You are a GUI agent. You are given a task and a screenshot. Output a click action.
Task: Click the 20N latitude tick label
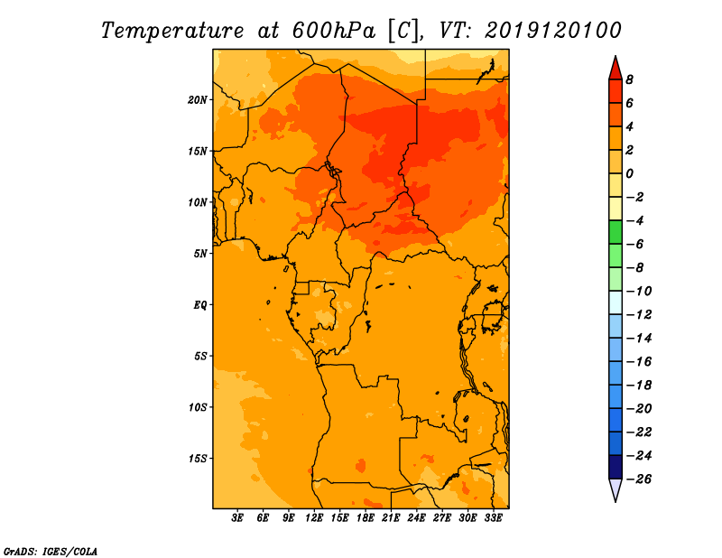pyautogui.click(x=198, y=100)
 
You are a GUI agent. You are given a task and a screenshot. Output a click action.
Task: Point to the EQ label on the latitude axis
pyautogui.click(x=200, y=305)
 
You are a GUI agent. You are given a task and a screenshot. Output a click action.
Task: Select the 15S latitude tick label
pyautogui.click(x=198, y=459)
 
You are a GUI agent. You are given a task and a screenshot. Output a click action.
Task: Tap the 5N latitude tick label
pyautogui.click(x=200, y=254)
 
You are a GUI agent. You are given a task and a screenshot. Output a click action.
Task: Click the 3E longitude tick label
pyautogui.click(x=237, y=517)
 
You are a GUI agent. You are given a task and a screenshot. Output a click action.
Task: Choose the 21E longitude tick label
pyautogui.click(x=391, y=517)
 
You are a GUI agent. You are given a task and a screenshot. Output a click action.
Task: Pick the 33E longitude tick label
pyautogui.click(x=493, y=517)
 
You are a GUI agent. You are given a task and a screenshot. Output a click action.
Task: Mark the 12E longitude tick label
pyautogui.click(x=314, y=517)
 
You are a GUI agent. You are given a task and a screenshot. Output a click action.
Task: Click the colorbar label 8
pyautogui.click(x=629, y=79)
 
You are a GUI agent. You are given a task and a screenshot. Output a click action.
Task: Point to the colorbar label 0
pyautogui.click(x=629, y=173)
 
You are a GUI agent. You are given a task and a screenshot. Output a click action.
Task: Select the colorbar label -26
pyautogui.click(x=639, y=479)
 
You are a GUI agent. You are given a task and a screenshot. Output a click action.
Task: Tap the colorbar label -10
pyautogui.click(x=639, y=292)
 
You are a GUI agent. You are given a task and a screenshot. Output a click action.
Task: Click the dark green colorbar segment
pyautogui.click(x=616, y=232)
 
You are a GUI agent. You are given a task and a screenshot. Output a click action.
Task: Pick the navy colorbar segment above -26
pyautogui.click(x=616, y=467)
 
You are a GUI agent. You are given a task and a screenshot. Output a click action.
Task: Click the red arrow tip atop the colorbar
pyautogui.click(x=616, y=56)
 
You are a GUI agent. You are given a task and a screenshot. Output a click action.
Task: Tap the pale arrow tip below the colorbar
pyautogui.click(x=616, y=501)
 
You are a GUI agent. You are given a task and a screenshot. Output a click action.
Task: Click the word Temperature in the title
pyautogui.click(x=172, y=31)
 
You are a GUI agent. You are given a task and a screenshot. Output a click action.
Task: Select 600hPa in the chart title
pyautogui.click(x=333, y=31)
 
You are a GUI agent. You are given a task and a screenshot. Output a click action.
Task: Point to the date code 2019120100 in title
pyautogui.click(x=553, y=31)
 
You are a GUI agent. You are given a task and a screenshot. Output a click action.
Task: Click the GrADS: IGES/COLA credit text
pyautogui.click(x=51, y=552)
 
